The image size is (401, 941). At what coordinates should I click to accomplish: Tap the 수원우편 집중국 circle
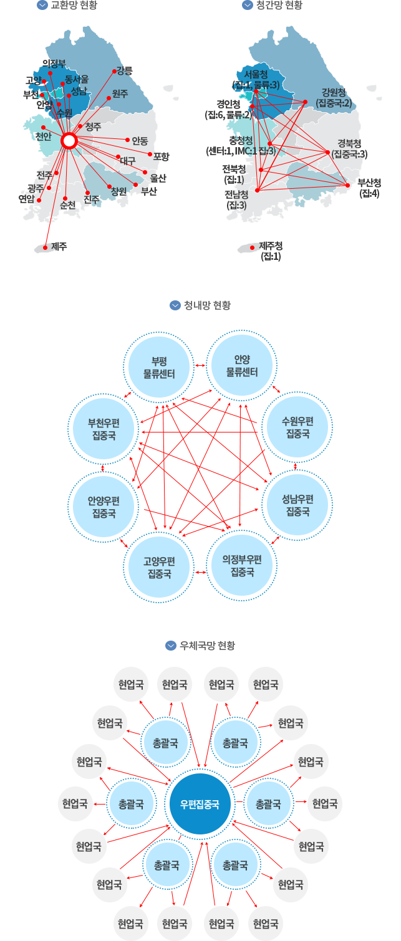tap(297, 428)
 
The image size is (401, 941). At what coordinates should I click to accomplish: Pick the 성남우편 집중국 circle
tap(297, 505)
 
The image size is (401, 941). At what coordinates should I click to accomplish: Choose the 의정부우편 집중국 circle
tap(242, 565)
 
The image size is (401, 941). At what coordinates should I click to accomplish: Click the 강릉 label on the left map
tap(125, 70)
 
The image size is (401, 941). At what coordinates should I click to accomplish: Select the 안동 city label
tap(139, 140)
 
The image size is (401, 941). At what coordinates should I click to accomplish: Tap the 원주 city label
tap(120, 94)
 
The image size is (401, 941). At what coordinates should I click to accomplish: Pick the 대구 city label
tap(128, 160)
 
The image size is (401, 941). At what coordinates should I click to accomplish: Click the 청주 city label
tap(93, 127)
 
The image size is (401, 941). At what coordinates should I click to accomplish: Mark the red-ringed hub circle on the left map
tap(70, 141)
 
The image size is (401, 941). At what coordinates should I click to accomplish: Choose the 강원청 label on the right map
tap(333, 97)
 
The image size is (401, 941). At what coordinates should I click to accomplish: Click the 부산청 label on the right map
tap(369, 186)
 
